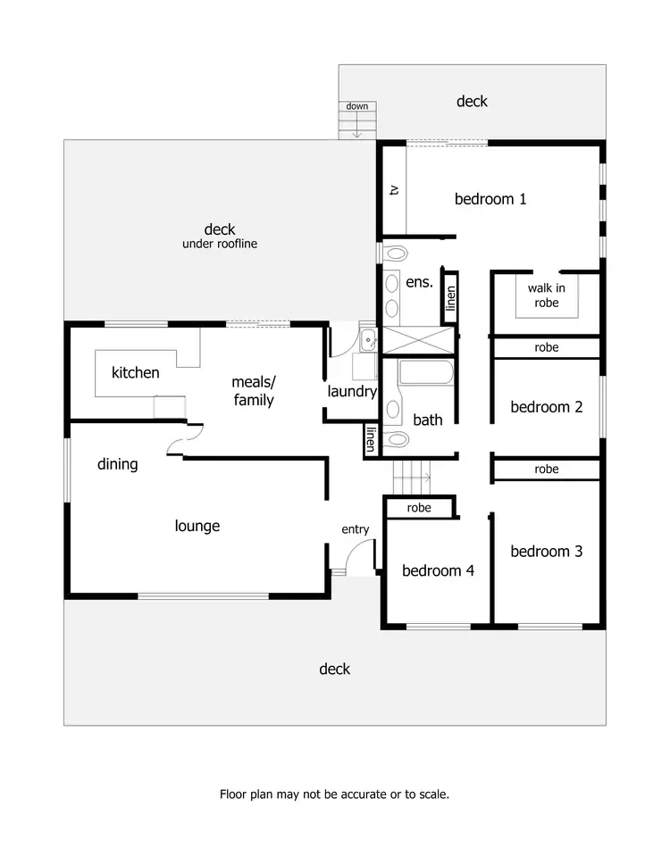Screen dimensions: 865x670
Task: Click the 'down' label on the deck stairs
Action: [357, 106]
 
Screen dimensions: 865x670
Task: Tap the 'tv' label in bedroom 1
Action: [393, 190]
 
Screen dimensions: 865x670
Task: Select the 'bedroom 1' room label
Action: [490, 199]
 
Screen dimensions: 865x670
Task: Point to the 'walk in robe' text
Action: [546, 295]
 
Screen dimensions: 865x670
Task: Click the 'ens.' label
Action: [419, 282]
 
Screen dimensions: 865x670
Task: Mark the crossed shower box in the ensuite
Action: [418, 341]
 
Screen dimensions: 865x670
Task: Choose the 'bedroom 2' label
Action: [546, 407]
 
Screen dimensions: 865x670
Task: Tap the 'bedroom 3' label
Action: [546, 552]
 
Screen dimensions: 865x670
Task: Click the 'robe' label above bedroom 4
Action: [419, 508]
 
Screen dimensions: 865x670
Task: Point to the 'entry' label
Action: [355, 529]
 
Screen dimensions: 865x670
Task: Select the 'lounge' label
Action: [197, 527]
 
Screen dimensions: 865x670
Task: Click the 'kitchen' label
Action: [136, 372]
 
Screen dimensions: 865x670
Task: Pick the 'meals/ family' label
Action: [254, 391]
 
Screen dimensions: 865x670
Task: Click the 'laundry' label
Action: [352, 391]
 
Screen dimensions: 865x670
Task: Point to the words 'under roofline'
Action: [220, 244]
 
